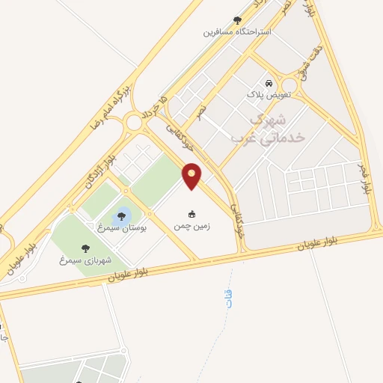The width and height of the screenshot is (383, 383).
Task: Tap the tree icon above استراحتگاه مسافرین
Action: click(x=238, y=20)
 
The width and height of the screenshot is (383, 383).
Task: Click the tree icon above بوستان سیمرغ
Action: click(x=122, y=215)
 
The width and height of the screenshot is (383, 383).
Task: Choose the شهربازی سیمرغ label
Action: click(x=85, y=260)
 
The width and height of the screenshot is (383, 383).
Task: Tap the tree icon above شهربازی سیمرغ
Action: click(x=85, y=248)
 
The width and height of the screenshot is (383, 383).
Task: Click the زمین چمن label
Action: click(x=192, y=225)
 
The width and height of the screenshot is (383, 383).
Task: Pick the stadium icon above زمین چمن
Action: click(x=192, y=214)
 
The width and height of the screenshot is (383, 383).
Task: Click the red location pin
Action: click(x=192, y=175)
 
